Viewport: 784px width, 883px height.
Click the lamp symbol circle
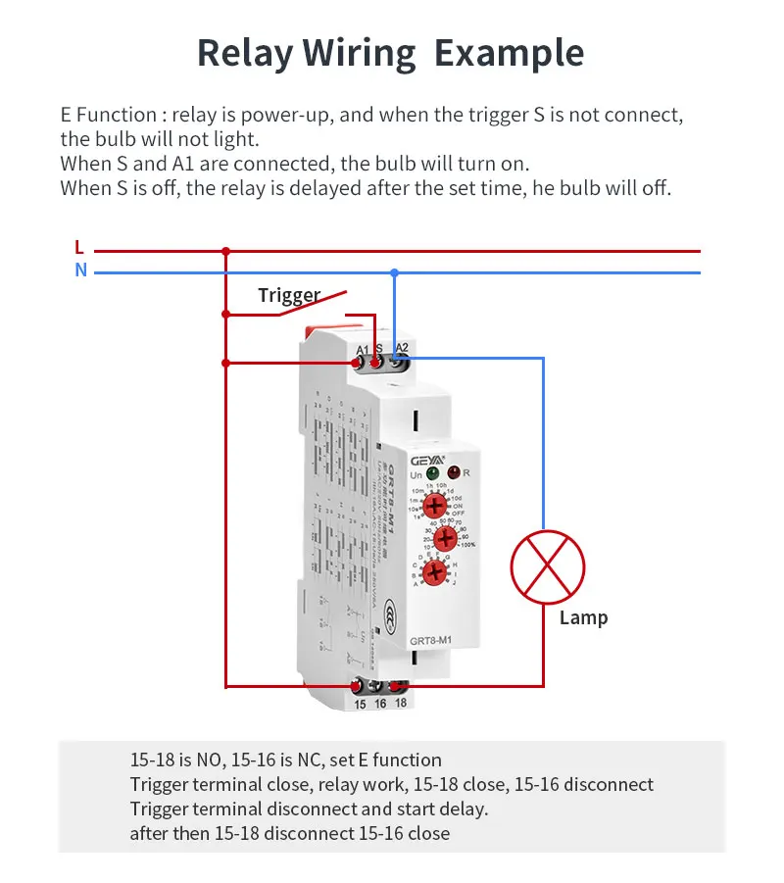tap(548, 567)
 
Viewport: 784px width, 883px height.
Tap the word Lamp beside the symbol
tap(583, 617)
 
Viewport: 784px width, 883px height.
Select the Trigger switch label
tap(289, 295)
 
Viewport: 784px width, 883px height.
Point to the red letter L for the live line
tap(79, 248)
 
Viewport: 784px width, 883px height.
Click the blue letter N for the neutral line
tap(80, 270)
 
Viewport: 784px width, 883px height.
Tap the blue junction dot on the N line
tap(394, 271)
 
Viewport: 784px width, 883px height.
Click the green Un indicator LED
tap(432, 473)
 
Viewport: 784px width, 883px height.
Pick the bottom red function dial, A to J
tap(434, 572)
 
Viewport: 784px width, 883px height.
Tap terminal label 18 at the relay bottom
tap(400, 705)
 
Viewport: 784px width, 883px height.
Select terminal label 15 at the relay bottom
tap(360, 705)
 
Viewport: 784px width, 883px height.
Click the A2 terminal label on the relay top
tap(402, 347)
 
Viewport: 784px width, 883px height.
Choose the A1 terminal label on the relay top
tap(362, 350)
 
